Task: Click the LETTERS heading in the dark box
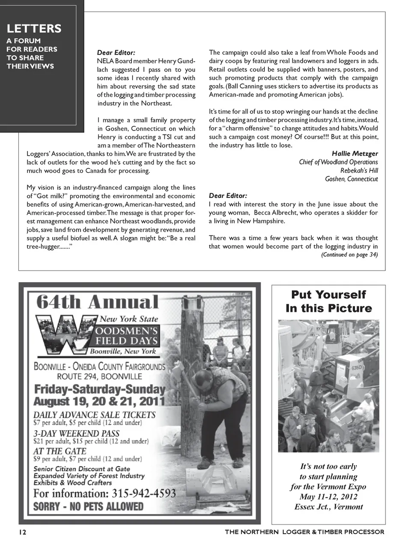[x=34, y=29]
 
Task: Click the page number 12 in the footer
[x=22, y=532]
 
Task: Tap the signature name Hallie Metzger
[x=354, y=154]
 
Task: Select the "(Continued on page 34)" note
[x=349, y=255]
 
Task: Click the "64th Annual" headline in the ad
[x=97, y=302]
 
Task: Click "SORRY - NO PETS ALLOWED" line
[x=88, y=506]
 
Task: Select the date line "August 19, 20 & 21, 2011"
[x=99, y=401]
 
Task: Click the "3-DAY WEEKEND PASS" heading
[x=76, y=433]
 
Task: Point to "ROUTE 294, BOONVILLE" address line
[x=99, y=377]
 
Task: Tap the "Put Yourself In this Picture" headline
[x=328, y=301]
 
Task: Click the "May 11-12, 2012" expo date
[x=328, y=497]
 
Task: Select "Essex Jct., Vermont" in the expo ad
[x=328, y=507]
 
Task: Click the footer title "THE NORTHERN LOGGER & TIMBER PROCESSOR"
[x=304, y=532]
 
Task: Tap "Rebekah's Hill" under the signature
[x=359, y=170]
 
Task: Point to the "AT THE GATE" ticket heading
[x=60, y=451]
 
